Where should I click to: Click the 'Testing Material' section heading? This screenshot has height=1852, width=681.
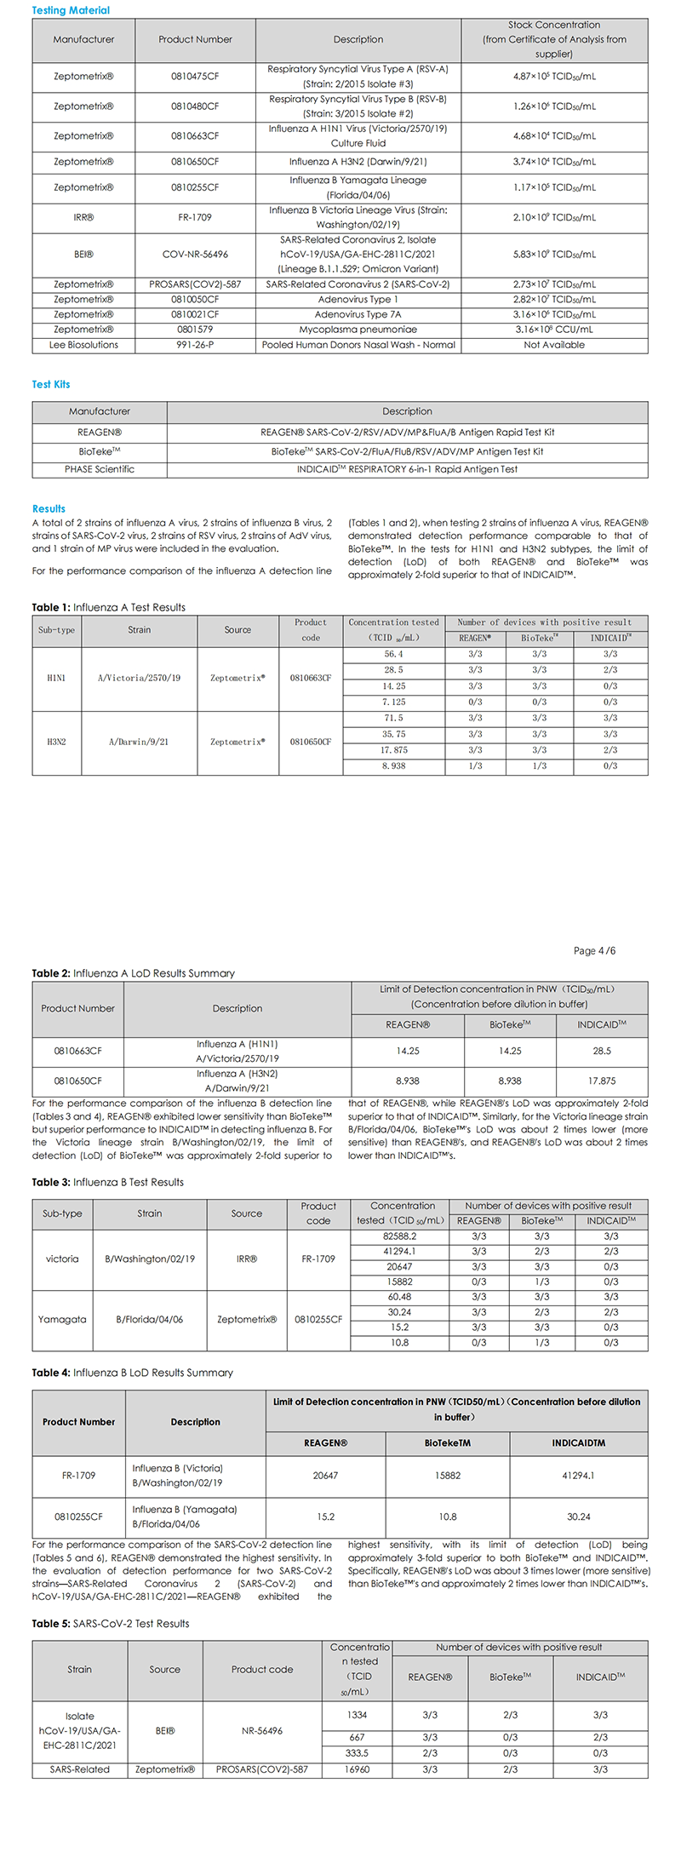click(71, 10)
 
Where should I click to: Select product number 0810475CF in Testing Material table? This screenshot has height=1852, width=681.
click(195, 77)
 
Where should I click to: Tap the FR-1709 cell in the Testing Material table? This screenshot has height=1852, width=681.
click(195, 217)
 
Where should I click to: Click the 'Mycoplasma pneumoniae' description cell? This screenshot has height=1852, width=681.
click(358, 330)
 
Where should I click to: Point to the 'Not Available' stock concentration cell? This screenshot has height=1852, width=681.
click(554, 345)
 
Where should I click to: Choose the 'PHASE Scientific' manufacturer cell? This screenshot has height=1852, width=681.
click(100, 469)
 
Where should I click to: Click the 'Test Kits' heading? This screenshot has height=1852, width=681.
click(51, 384)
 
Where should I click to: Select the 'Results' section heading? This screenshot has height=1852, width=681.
click(49, 508)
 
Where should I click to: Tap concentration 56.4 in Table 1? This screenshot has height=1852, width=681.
click(393, 654)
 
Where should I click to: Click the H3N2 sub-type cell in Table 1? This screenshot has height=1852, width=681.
click(56, 743)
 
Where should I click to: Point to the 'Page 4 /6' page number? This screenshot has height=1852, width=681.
click(594, 950)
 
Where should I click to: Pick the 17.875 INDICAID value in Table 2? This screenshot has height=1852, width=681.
click(602, 1081)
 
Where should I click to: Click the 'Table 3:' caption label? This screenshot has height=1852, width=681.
click(51, 1182)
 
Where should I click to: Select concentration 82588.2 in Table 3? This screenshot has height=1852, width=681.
click(399, 1236)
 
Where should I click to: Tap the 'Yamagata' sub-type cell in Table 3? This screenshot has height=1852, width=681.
click(62, 1319)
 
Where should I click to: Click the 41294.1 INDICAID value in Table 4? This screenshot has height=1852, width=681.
click(578, 1476)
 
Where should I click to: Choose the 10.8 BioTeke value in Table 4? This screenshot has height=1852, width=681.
click(448, 1517)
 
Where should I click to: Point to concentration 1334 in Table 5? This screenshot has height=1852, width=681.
click(358, 1715)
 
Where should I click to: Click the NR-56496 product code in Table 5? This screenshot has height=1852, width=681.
click(262, 1731)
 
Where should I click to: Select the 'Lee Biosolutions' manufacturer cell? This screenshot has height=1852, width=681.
click(83, 345)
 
